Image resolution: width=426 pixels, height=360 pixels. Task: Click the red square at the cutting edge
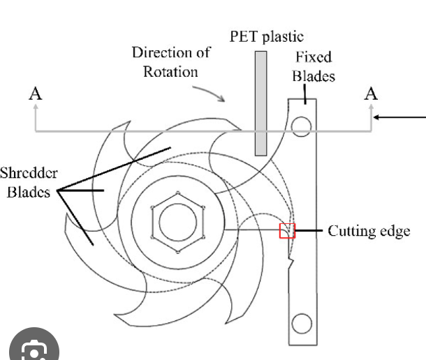click(x=287, y=230)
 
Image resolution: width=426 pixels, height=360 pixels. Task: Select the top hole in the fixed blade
click(x=302, y=126)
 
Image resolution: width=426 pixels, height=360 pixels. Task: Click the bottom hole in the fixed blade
click(x=302, y=324)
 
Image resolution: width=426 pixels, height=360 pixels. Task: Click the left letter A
click(x=35, y=93)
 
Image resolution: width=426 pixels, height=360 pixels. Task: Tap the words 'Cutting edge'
click(x=369, y=231)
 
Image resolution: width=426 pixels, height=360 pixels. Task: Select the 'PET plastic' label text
click(x=267, y=36)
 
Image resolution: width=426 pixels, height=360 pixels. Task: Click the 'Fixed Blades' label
click(x=313, y=66)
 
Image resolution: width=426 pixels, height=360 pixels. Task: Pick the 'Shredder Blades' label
click(x=27, y=182)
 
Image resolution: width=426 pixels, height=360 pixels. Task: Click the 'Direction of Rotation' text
click(x=171, y=61)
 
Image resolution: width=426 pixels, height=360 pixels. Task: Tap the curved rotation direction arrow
click(x=210, y=92)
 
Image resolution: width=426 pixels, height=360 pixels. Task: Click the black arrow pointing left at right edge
click(x=401, y=117)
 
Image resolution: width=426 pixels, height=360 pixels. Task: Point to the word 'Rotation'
click(x=171, y=71)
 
